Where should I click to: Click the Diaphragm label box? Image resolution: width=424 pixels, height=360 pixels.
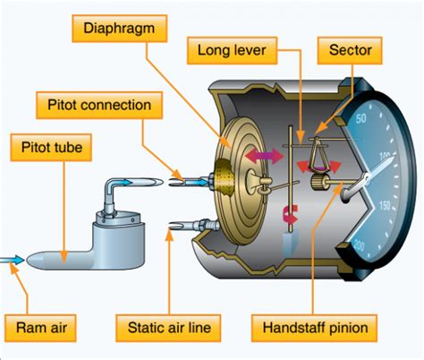(x=120, y=29)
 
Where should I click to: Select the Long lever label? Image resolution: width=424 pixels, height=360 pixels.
(x=232, y=50)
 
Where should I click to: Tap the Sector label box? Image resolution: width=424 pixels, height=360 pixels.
(x=350, y=50)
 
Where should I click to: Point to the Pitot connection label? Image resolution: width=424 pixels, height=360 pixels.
(x=99, y=105)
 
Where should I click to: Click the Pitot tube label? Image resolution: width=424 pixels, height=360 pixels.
(x=51, y=148)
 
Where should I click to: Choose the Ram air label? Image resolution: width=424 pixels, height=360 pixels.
(x=40, y=328)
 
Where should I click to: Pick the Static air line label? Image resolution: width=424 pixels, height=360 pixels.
(x=168, y=328)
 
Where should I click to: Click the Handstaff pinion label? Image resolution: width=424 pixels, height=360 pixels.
(x=314, y=328)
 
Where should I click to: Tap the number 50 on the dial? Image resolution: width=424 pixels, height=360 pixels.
(x=360, y=118)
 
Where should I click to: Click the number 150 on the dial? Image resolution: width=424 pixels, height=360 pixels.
(x=385, y=205)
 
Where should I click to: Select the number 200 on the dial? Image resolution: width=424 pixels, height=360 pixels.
(x=359, y=245)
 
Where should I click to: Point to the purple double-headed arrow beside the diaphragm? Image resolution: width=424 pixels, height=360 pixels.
(x=264, y=156)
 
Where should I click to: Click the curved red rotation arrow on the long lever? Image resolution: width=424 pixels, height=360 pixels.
(x=290, y=214)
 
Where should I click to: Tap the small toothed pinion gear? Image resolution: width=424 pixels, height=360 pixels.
(x=317, y=183)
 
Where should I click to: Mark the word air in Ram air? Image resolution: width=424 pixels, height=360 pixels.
(x=57, y=328)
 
